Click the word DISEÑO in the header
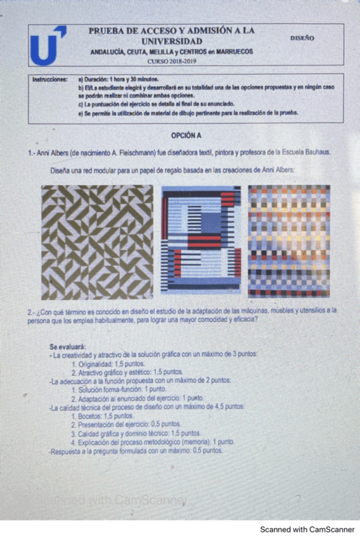click(x=302, y=38)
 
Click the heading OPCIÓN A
click(x=186, y=136)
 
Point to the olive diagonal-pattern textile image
click(x=97, y=242)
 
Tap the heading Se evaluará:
click(x=67, y=347)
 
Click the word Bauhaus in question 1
click(x=316, y=153)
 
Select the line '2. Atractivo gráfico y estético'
click(x=118, y=372)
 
